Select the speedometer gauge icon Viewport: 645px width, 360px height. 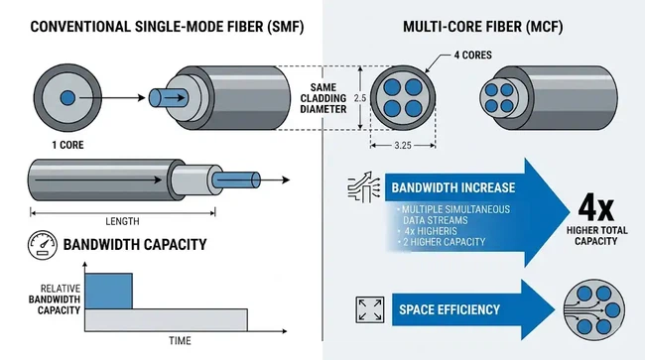[38, 245]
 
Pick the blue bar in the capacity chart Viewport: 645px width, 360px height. [108, 289]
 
